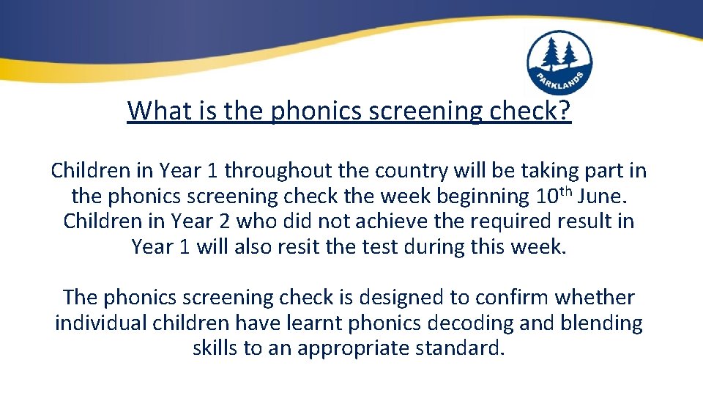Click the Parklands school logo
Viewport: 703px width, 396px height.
559,63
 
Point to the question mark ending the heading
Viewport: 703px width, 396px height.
564,111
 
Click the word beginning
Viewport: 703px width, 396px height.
470,196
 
